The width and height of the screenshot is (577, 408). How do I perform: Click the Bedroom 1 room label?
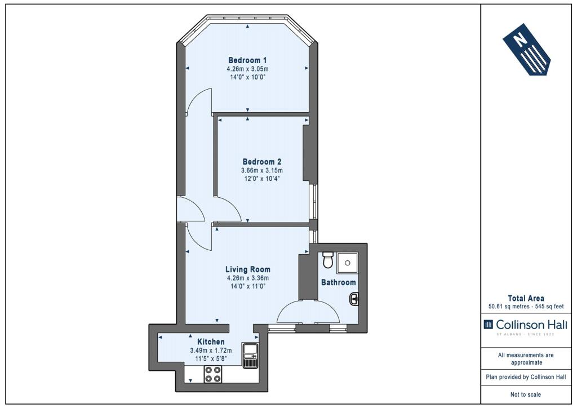[x=247, y=60]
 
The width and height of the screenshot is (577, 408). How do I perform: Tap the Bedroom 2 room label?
[x=262, y=162]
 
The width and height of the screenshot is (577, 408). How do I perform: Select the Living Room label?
[x=248, y=269]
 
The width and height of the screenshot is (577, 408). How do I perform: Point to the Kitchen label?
[x=211, y=342]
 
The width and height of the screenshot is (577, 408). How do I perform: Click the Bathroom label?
[x=339, y=282]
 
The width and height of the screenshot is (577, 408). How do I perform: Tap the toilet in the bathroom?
[x=327, y=260]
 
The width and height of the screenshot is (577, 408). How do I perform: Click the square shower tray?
[x=347, y=263]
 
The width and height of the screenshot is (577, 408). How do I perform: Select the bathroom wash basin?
[x=354, y=299]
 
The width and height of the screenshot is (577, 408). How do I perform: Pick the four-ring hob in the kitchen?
[x=213, y=374]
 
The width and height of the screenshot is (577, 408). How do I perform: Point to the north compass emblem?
[x=527, y=50]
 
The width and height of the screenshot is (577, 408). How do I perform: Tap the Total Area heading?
[x=526, y=298]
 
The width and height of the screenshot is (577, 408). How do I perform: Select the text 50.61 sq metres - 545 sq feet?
[x=526, y=307]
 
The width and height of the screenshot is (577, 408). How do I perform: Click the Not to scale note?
[x=526, y=394]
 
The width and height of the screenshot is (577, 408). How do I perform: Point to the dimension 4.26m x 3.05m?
[x=247, y=69]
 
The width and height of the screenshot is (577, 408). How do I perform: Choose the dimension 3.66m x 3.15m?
[x=262, y=170]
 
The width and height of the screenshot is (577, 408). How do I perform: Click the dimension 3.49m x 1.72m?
[x=211, y=351]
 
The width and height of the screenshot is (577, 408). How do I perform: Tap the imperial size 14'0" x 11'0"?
[x=247, y=286]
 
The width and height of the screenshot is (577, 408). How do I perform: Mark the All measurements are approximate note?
[x=526, y=359]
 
